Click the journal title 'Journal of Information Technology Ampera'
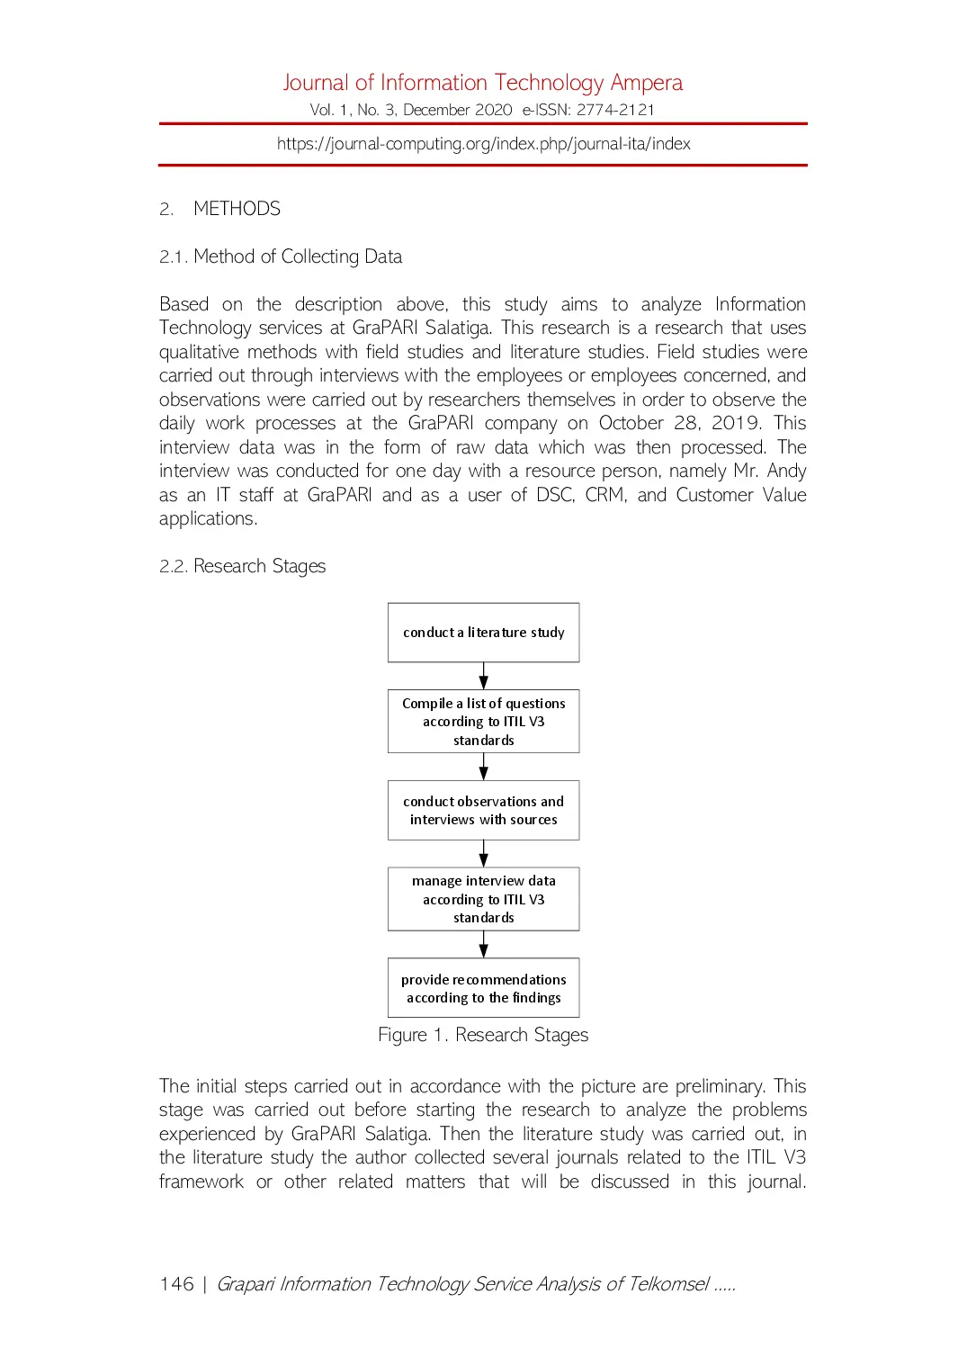point(483,83)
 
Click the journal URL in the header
point(483,144)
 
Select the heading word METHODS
point(237,209)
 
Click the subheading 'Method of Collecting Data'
point(297,256)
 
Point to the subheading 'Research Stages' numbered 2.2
point(259,566)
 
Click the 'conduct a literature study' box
point(483,633)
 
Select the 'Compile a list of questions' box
point(483,721)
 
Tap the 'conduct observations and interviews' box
point(483,810)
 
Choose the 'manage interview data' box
point(483,899)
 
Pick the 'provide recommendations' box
point(483,988)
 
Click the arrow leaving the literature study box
point(483,676)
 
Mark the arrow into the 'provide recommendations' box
point(483,944)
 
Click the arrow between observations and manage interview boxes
point(483,853)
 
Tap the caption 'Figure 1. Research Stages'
point(483,1035)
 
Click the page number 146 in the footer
point(176,1284)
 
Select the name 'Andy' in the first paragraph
point(786,471)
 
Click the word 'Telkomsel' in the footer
point(668,1284)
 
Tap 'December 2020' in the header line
point(457,110)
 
